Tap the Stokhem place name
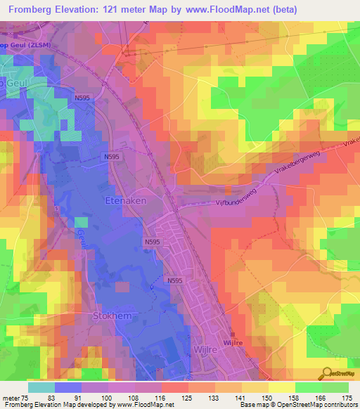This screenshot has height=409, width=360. pos(112,316)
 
